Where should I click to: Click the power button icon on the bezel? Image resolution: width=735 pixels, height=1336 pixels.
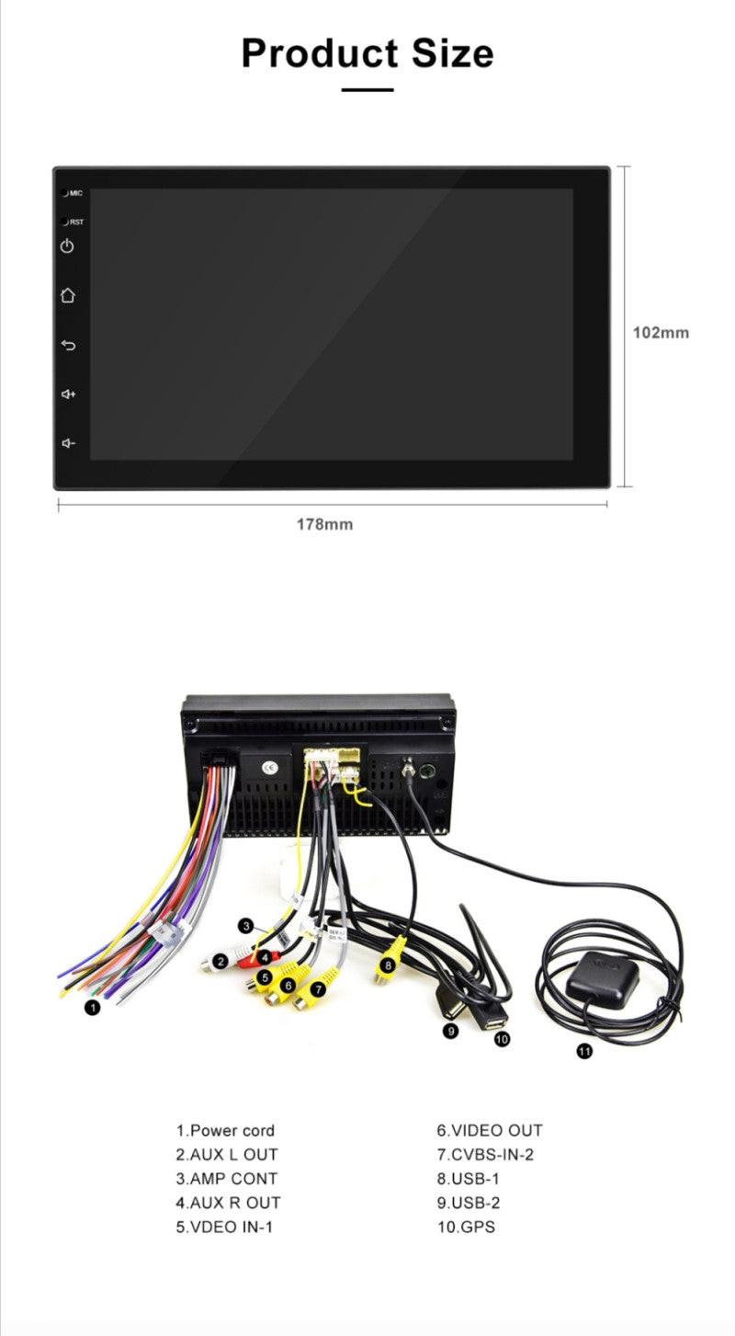point(67,246)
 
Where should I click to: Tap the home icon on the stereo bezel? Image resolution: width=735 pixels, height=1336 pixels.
point(67,294)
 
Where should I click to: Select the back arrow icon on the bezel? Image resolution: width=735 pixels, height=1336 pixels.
point(68,345)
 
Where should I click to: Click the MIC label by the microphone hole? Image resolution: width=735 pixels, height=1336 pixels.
point(76,193)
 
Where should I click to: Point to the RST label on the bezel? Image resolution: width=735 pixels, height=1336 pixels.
point(77,222)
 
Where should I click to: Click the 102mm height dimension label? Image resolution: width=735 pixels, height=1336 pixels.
point(661,332)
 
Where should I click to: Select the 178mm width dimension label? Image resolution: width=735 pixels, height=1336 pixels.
point(325,524)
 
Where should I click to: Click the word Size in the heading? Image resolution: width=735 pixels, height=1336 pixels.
point(452,53)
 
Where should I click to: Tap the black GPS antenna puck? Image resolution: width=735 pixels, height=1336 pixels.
point(602,979)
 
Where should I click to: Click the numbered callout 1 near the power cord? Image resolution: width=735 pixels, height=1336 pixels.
point(93,1008)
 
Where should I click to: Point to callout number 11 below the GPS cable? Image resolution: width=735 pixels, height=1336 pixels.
point(584,1050)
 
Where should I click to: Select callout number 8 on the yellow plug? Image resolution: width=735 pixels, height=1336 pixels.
point(388,965)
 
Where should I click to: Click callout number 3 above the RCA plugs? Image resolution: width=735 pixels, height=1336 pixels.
point(245,926)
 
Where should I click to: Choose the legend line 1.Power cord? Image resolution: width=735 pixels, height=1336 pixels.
point(225,1130)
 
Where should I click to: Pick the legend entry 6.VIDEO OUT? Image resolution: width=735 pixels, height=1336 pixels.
point(490,1130)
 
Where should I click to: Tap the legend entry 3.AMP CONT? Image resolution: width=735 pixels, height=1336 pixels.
point(227,1179)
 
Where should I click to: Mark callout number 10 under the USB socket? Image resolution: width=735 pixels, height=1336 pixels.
point(502,1040)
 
